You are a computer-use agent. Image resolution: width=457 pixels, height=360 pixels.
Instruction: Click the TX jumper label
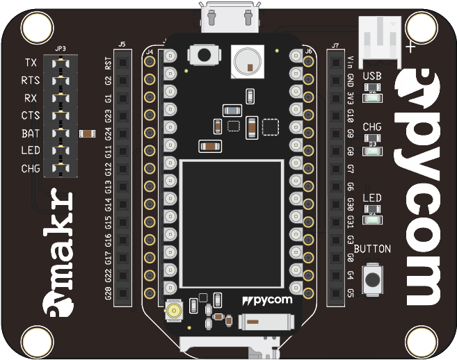pyautogui.click(x=30, y=63)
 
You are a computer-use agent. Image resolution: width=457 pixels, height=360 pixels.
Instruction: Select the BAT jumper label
pyautogui.click(x=30, y=133)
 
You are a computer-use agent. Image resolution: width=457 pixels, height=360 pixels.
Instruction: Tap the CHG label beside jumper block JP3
pyautogui.click(x=31, y=168)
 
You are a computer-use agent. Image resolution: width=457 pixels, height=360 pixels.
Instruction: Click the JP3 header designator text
pyautogui.click(x=60, y=48)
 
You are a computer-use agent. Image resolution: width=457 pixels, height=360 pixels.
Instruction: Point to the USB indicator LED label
pyautogui.click(x=372, y=76)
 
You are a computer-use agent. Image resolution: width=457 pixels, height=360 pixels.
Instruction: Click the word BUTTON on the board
pyautogui.click(x=373, y=249)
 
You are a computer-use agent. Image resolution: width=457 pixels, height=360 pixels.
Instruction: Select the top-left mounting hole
pyautogui.click(x=35, y=28)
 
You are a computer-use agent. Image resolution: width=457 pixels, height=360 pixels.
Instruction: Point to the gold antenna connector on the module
pyautogui.click(x=173, y=311)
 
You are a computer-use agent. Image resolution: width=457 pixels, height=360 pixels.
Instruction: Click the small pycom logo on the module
pyautogui.click(x=268, y=300)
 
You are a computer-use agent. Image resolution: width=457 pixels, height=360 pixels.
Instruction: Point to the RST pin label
pyautogui.click(x=108, y=64)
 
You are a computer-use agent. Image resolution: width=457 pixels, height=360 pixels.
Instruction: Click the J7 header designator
pyautogui.click(x=335, y=45)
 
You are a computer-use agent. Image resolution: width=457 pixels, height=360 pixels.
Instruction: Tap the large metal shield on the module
pyautogui.click(x=232, y=223)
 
